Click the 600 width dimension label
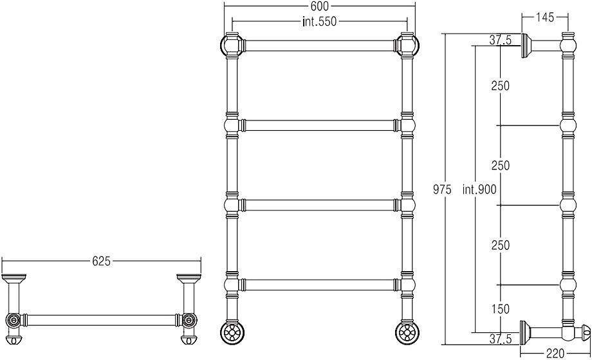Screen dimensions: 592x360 click(320, 6)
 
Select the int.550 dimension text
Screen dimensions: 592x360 click(319, 21)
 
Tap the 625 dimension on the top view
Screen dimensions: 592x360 click(101, 261)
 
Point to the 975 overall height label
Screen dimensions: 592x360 click(441, 189)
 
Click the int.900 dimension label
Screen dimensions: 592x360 click(479, 189)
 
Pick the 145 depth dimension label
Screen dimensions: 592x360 click(544, 17)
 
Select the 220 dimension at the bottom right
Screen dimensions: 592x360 click(555, 354)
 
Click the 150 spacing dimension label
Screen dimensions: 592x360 click(501, 309)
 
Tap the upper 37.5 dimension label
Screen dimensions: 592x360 click(501, 40)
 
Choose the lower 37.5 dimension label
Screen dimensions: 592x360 click(501, 339)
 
